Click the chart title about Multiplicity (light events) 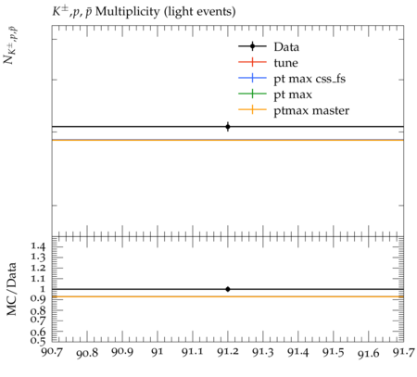coord(144,12)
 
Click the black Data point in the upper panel coord(228,127)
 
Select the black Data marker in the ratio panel coord(228,289)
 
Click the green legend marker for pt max coord(252,94)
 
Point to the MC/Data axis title coord(11,289)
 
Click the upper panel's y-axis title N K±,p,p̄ coord(10,45)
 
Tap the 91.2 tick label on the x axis coord(228,352)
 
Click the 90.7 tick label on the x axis coord(52,352)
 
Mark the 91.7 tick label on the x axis coord(403,352)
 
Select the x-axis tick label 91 coord(158,352)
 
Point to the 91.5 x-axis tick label coord(333,352)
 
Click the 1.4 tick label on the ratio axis coord(37,246)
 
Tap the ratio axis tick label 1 coord(42,289)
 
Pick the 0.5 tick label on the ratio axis coord(37,341)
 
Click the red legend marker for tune coord(252,62)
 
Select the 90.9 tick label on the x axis coord(122,352)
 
